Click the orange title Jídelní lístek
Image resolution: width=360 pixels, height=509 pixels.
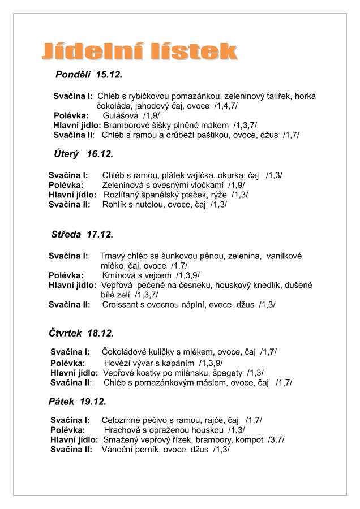tap(139, 51)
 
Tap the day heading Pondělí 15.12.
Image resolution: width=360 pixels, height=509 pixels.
tap(89, 75)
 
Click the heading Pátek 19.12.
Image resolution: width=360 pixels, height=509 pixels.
tap(78, 402)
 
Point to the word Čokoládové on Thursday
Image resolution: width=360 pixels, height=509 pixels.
tap(123, 352)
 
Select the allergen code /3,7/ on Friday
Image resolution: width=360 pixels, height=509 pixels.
tap(276, 439)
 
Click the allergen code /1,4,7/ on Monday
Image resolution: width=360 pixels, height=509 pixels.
tap(226, 106)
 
